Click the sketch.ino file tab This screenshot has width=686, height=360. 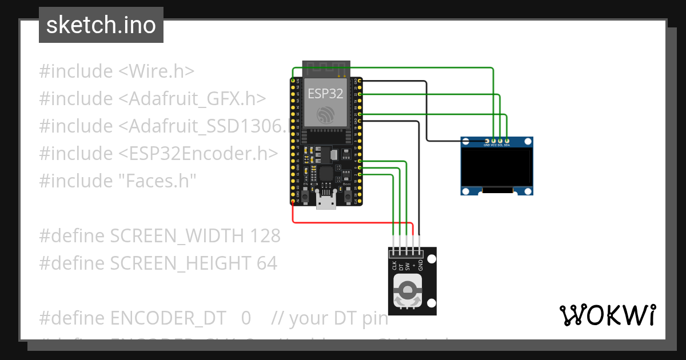pos(101,25)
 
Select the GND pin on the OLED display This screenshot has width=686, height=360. pos(487,140)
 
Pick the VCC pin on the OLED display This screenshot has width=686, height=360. pos(493,140)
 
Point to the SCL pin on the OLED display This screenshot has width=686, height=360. pos(500,140)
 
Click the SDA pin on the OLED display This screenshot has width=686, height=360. pos(507,140)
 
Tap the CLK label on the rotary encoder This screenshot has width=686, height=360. pos(394,265)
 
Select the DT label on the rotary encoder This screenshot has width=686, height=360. pos(401,265)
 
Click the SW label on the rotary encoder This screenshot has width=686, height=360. pos(407,265)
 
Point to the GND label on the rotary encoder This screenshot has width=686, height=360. pos(420,265)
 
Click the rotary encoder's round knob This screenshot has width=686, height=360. pos(408,293)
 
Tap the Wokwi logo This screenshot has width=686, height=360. pos(607,315)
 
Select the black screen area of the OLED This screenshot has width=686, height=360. pos(497,167)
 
